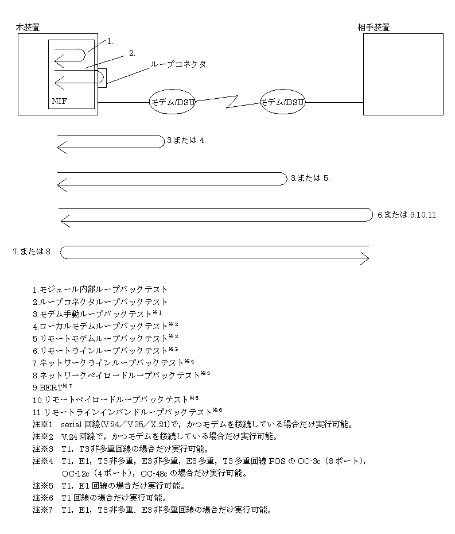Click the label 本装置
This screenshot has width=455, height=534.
click(28, 27)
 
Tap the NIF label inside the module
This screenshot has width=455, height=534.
click(60, 101)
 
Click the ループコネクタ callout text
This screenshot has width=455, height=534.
click(178, 64)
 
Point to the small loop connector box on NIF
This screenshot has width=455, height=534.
click(102, 78)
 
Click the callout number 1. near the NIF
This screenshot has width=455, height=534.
click(111, 41)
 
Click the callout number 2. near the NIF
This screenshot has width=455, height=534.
click(132, 53)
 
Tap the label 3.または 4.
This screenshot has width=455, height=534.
click(186, 140)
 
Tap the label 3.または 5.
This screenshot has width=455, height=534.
click(310, 178)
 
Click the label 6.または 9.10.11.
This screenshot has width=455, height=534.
click(407, 215)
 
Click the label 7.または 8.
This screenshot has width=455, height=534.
click(33, 251)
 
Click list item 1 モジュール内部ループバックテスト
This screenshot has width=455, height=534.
click(100, 289)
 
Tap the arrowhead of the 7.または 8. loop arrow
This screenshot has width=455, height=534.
click(364, 260)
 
